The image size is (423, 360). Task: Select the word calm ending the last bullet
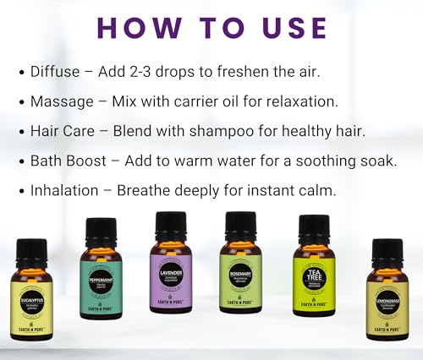coord(316,191)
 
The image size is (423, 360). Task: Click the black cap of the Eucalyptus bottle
coord(32,252)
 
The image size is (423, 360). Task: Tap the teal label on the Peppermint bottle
coord(101,286)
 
